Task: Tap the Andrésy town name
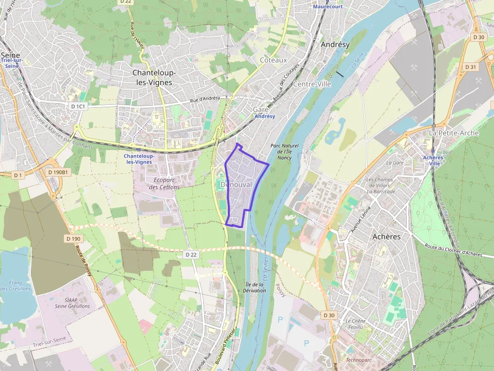(335, 44)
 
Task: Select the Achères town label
(386, 236)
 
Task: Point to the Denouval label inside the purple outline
(236, 185)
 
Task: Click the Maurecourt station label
(328, 7)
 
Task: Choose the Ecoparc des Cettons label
(164, 183)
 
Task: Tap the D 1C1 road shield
(79, 106)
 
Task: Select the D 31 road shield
(470, 66)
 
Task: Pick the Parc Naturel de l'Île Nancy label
(281, 152)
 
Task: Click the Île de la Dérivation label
(254, 287)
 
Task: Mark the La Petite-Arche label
(447, 133)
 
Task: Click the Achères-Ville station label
(433, 160)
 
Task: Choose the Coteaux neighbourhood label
(273, 60)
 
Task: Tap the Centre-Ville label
(312, 84)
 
